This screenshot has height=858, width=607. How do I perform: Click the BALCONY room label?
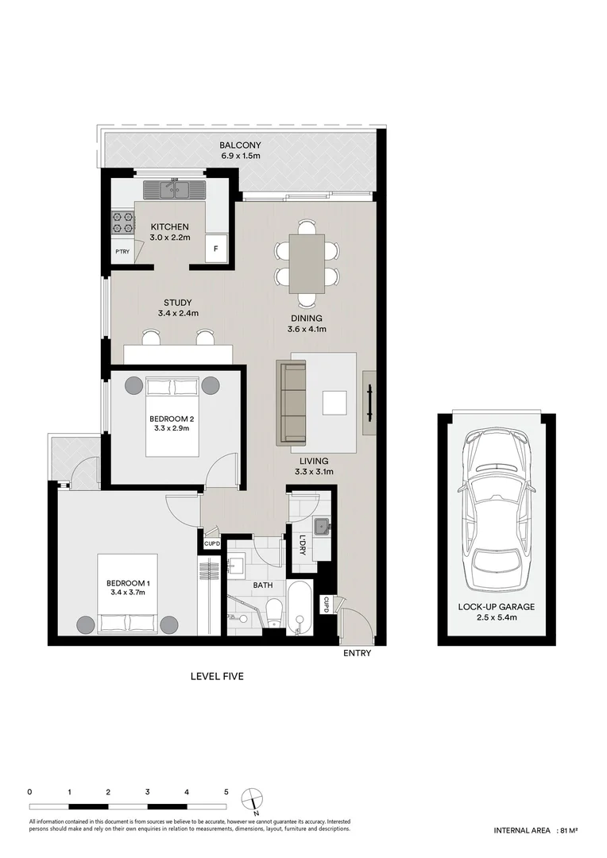tap(240, 145)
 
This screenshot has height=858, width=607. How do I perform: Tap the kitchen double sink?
tap(174, 190)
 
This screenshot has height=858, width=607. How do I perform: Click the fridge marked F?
tap(215, 249)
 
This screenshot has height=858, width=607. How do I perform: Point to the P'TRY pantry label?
tap(122, 251)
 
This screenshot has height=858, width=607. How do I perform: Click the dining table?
tap(307, 263)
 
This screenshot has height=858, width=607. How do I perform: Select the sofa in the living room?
tap(291, 402)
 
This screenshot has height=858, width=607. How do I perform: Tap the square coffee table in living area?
tap(334, 403)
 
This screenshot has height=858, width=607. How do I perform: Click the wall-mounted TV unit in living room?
tap(370, 403)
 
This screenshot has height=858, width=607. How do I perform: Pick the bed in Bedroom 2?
tap(172, 417)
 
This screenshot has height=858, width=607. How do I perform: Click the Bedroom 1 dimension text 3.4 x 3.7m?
tap(128, 593)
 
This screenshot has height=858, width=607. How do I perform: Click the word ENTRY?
tap(357, 655)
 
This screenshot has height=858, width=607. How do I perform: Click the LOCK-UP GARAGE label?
tap(496, 606)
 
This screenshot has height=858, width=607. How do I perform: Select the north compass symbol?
tap(253, 797)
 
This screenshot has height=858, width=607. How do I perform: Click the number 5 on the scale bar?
tap(226, 792)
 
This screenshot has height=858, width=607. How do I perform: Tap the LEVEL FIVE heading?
tap(216, 677)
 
